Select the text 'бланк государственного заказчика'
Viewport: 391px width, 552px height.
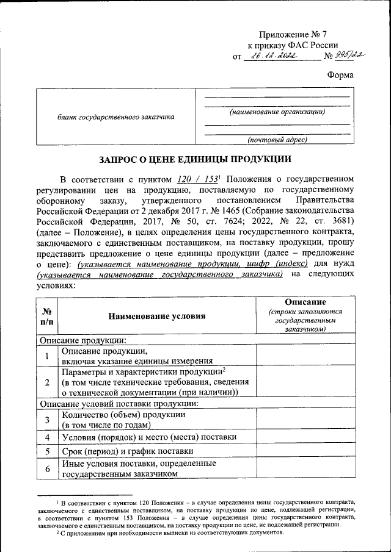pos(116,116)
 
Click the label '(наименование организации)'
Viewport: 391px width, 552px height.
pos(277,112)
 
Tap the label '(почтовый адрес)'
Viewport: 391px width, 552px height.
pos(277,140)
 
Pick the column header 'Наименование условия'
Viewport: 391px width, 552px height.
pos(157,316)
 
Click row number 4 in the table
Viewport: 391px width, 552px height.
pos(47,437)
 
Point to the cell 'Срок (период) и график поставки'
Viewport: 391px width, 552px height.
pos(128,451)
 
